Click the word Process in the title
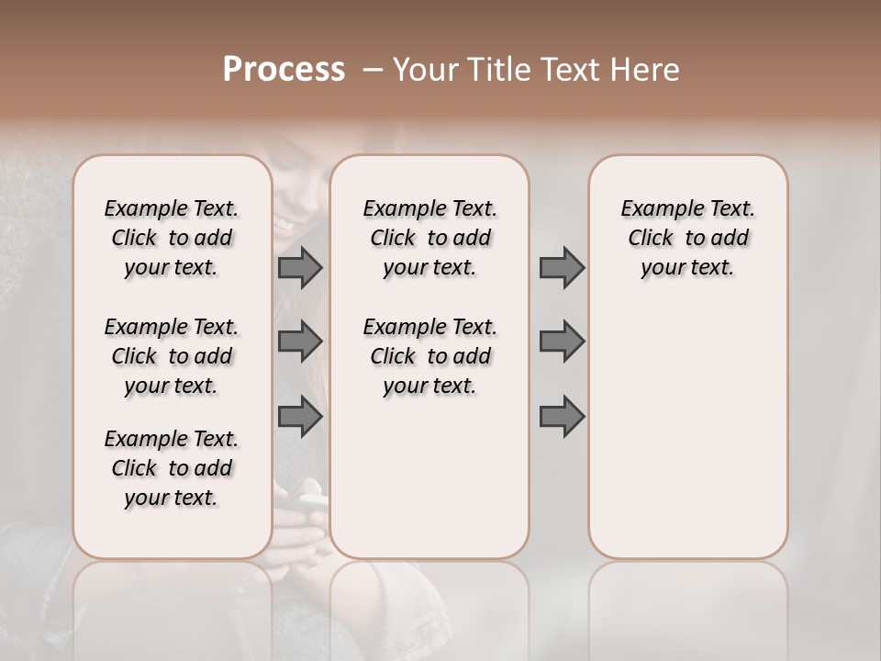[x=284, y=70]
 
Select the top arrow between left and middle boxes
[x=300, y=267]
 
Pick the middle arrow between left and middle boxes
[x=300, y=342]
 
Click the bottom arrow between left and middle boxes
[x=300, y=416]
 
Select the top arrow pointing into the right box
[x=562, y=267]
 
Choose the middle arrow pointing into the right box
[x=562, y=342]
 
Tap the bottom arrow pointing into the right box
[x=562, y=416]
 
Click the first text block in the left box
[x=172, y=238]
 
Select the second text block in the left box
[x=172, y=356]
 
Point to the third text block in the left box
[x=172, y=468]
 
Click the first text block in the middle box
[x=430, y=238]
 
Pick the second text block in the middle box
[x=430, y=356]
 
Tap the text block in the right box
[x=688, y=238]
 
